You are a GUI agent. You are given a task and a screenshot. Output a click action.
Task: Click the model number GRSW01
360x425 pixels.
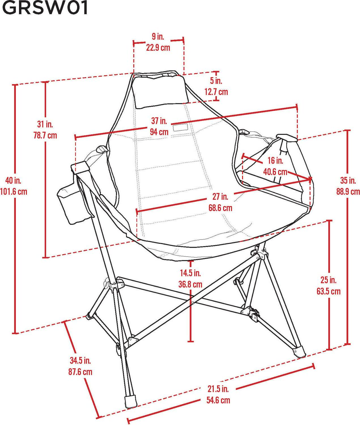pyautogui.click(x=45, y=8)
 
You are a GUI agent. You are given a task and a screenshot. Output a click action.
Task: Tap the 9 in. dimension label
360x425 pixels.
pyautogui.click(x=158, y=36)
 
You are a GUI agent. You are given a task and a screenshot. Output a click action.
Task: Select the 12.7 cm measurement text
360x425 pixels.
pyautogui.click(x=216, y=92)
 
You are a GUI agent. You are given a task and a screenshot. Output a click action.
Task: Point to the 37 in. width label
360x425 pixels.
pyautogui.click(x=159, y=121)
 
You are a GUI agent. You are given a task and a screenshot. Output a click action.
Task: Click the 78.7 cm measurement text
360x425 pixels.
pyautogui.click(x=45, y=135)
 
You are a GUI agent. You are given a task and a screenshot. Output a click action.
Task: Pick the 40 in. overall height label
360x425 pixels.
pyautogui.click(x=13, y=180)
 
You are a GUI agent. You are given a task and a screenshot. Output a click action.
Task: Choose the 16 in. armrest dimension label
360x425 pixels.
pyautogui.click(x=275, y=161)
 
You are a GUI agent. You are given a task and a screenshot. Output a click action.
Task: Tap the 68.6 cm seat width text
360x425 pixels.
pyautogui.click(x=220, y=208)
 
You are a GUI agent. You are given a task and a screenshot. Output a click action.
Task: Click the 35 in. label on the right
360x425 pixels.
pyautogui.click(x=348, y=180)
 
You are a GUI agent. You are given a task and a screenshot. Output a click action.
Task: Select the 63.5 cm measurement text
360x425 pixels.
pyautogui.click(x=328, y=291)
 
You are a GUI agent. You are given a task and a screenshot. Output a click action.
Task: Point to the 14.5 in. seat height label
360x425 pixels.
pyautogui.click(x=190, y=273)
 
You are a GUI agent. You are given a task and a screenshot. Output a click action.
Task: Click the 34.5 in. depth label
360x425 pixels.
pyautogui.click(x=80, y=360)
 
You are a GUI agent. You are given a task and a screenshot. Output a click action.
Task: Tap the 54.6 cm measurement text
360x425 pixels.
pyautogui.click(x=218, y=400)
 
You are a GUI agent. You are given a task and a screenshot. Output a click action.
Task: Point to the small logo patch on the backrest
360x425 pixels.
pyautogui.click(x=180, y=128)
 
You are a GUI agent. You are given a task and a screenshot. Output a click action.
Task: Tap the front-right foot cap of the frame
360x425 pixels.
pyautogui.click(x=300, y=352)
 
